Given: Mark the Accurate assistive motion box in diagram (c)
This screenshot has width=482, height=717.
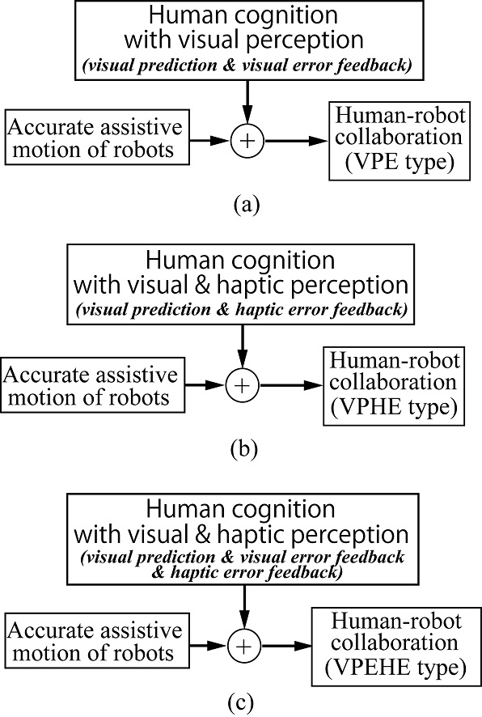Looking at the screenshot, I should tap(95, 644).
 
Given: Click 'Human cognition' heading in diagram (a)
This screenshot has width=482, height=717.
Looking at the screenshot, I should tap(245, 15).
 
